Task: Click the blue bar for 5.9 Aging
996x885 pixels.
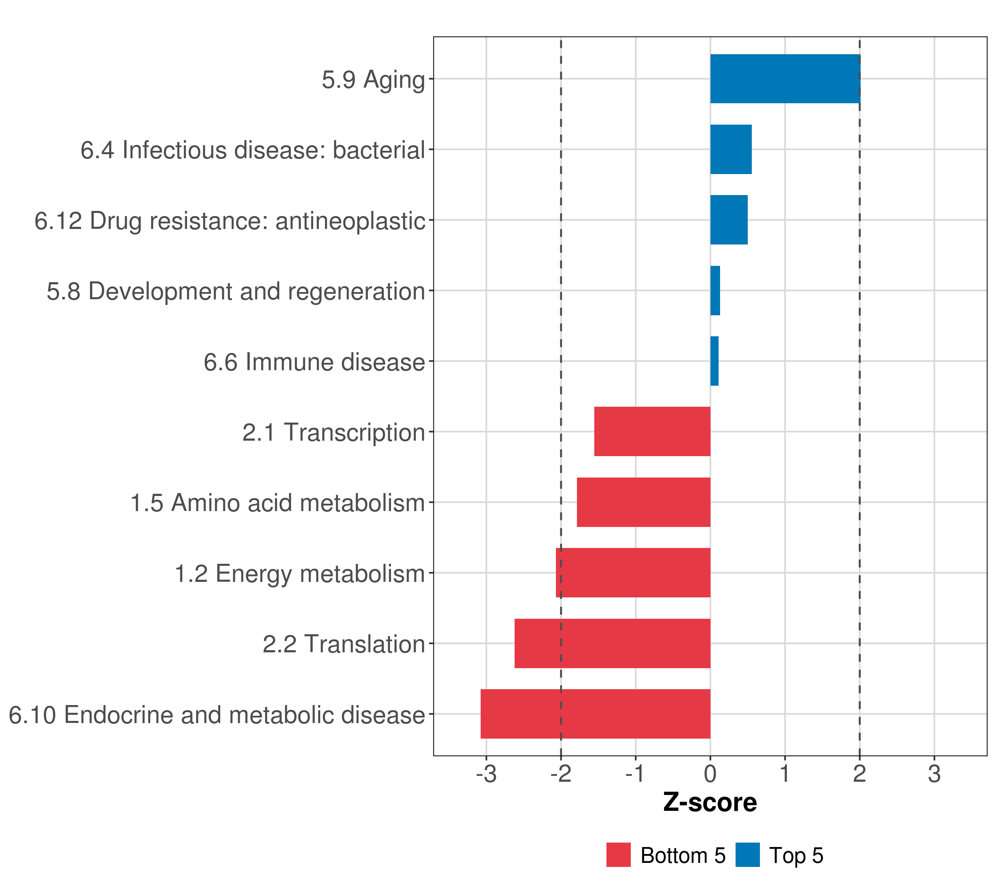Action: pyautogui.click(x=785, y=79)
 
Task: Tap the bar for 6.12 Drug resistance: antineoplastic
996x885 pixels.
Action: pyautogui.click(x=729, y=220)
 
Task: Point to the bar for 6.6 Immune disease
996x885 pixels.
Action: pyautogui.click(x=714, y=361)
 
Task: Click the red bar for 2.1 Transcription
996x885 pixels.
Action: pyautogui.click(x=653, y=431)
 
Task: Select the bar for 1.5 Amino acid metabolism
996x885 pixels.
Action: pyautogui.click(x=644, y=502)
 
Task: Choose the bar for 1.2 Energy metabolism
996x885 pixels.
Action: pyautogui.click(x=633, y=573)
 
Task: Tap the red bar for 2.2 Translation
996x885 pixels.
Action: pyautogui.click(x=612, y=643)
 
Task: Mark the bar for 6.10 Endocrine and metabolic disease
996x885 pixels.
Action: pyautogui.click(x=595, y=714)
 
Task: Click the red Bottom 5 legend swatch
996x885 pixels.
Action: pyautogui.click(x=618, y=855)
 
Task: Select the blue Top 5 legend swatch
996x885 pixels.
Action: pyautogui.click(x=747, y=855)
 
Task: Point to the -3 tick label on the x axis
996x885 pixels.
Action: pyautogui.click(x=486, y=774)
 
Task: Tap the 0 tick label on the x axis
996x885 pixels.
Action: pyautogui.click(x=710, y=774)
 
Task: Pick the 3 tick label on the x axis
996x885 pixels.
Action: pyautogui.click(x=934, y=774)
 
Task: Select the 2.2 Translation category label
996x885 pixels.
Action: pyautogui.click(x=344, y=644)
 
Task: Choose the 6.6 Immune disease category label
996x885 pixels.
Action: pyautogui.click(x=314, y=362)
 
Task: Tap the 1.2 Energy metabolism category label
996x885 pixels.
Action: pyautogui.click(x=300, y=574)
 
